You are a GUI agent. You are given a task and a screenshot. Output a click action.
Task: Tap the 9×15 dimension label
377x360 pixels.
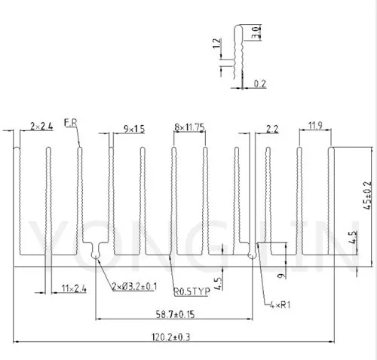(x=134, y=129)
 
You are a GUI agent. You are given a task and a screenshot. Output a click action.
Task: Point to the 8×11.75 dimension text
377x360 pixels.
(x=188, y=127)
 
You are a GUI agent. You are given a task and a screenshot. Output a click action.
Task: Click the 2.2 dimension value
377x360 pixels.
(x=273, y=129)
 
